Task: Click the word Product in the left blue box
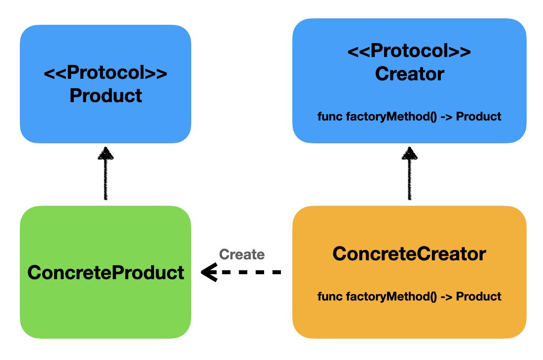pos(106,96)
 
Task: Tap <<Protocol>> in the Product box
pos(106,73)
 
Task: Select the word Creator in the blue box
pos(410,74)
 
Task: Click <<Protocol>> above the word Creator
pos(409,51)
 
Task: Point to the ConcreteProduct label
pos(106,272)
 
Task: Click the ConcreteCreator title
pos(409,253)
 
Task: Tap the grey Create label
pos(242,254)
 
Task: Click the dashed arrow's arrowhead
pos(209,272)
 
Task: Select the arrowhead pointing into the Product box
pos(106,153)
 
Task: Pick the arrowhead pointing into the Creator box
pos(409,153)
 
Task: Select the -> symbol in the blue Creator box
pos(446,117)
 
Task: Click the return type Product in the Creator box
pos(479,117)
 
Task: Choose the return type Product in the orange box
pos(479,296)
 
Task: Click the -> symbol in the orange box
pos(446,297)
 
